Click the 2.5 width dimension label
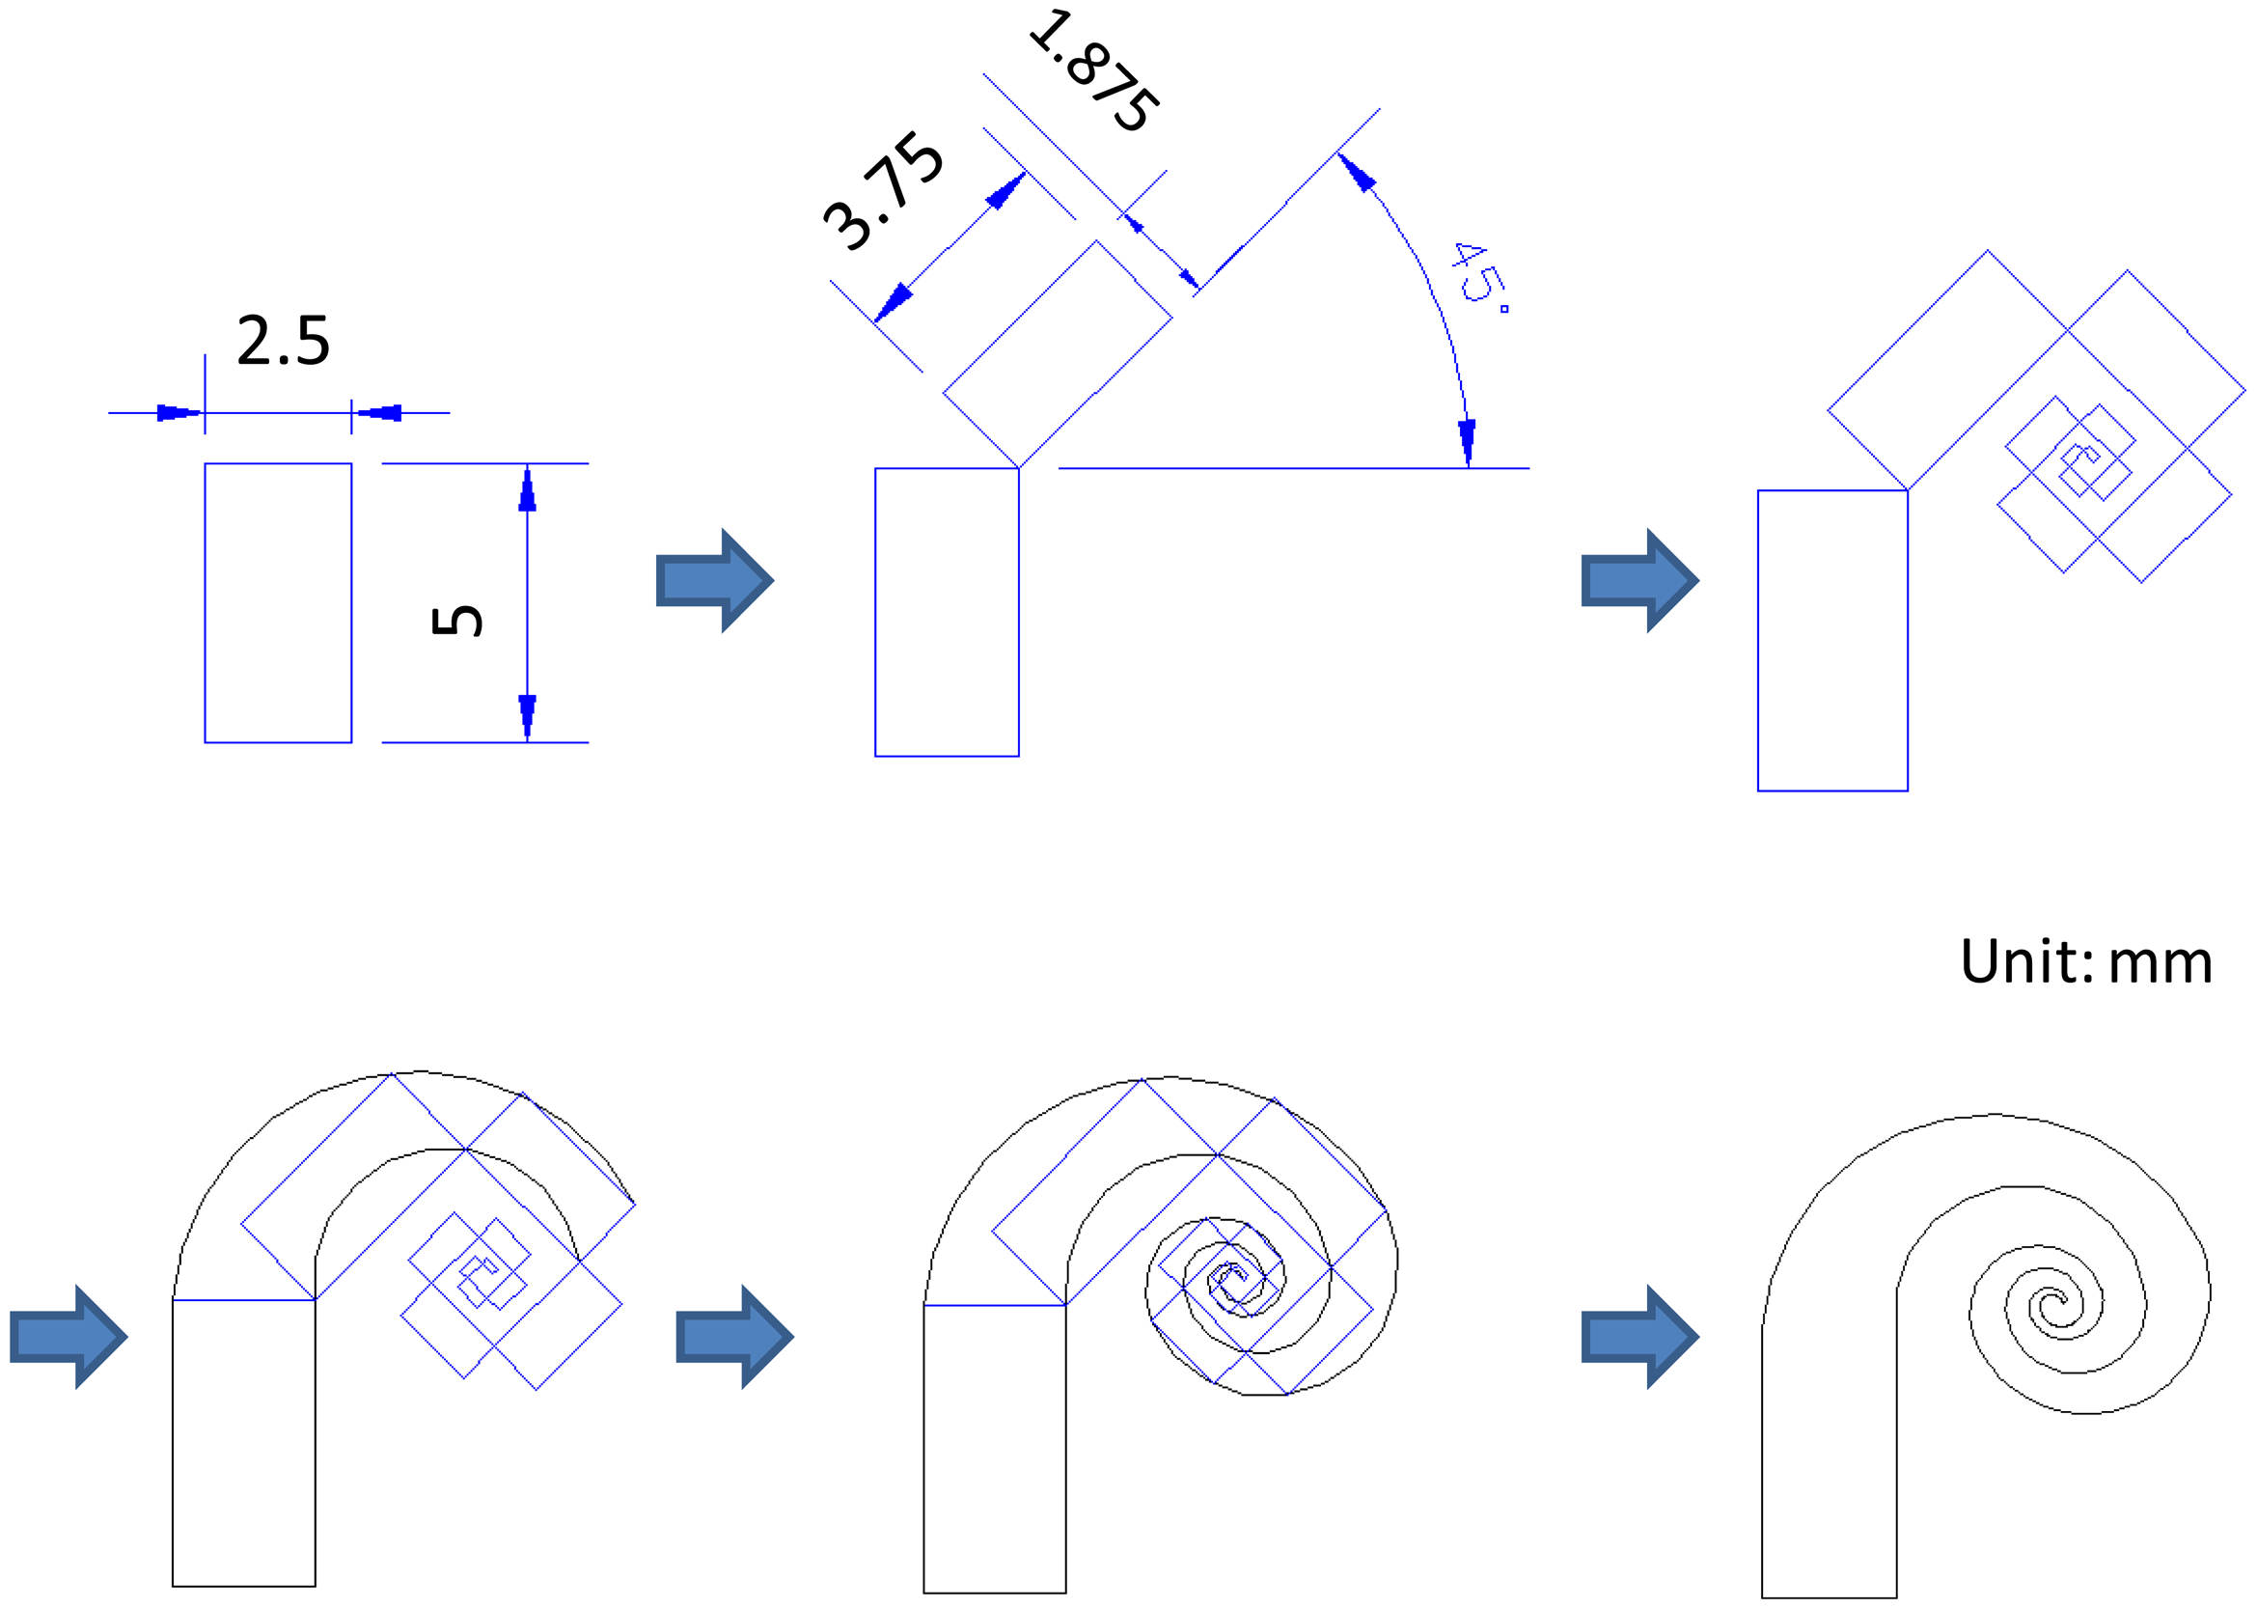click(283, 342)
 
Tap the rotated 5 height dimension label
click(456, 621)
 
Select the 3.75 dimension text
click(882, 190)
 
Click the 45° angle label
click(1478, 274)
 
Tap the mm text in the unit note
click(2160, 964)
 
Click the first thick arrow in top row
click(714, 581)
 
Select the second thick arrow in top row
click(1639, 581)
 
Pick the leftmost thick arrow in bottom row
click(69, 1337)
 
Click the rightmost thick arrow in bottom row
click(1639, 1337)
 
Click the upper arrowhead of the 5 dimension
click(527, 490)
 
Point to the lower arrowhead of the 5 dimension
click(527, 715)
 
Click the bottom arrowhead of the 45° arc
click(1467, 441)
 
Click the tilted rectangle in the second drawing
click(1057, 353)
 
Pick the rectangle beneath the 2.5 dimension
click(278, 602)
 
